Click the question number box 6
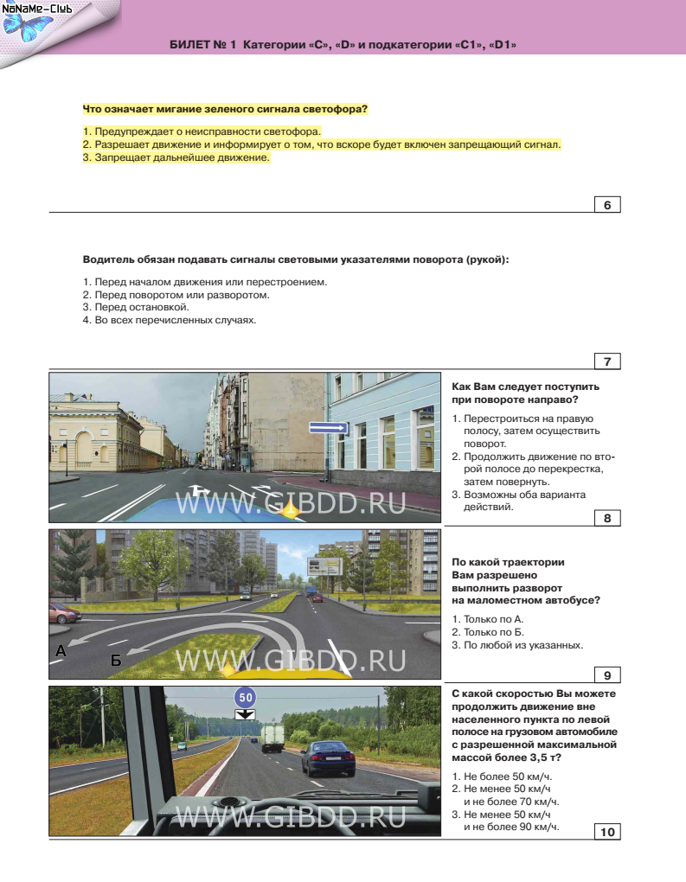point(607,205)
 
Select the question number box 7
point(607,361)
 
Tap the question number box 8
point(607,519)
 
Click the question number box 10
point(607,832)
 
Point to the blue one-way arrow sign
point(329,427)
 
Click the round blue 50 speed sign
point(246,697)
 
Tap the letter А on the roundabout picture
point(61,652)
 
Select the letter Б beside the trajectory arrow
point(115,661)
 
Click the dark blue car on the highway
point(328,760)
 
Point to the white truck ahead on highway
point(272,737)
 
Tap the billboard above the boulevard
point(324,566)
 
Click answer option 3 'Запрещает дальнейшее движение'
point(176,158)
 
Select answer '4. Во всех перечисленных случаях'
point(170,319)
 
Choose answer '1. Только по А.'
point(489,619)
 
